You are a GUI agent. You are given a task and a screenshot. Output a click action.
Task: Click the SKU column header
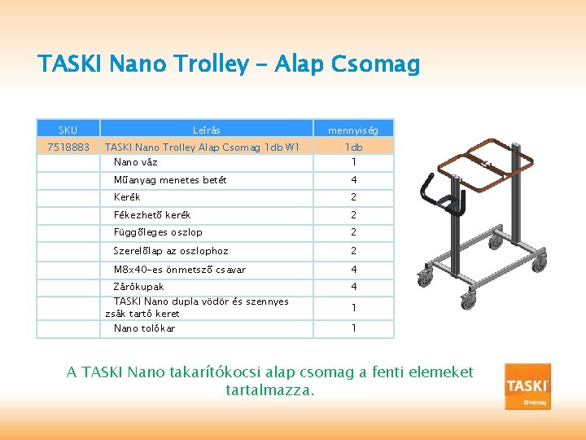68,130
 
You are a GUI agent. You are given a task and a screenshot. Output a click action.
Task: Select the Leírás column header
206,130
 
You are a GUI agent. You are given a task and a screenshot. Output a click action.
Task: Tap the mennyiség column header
352,130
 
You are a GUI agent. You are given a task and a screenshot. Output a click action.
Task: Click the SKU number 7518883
68,147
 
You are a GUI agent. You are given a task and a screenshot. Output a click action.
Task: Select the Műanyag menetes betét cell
169,180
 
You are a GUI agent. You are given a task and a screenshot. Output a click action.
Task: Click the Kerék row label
127,197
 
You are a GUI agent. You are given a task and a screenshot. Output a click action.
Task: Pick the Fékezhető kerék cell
151,215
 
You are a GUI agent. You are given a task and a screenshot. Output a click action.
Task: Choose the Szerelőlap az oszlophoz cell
170,251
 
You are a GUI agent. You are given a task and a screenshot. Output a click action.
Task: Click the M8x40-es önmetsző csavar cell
179,270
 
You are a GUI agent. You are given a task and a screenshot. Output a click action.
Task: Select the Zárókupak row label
138,287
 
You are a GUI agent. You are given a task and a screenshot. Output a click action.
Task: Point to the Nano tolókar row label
144,328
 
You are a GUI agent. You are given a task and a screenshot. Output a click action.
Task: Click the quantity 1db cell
353,147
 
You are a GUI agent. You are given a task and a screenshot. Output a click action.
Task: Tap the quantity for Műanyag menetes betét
353,180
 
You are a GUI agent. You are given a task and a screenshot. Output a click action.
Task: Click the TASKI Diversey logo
527,386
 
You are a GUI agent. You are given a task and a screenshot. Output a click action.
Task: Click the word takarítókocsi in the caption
212,372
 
